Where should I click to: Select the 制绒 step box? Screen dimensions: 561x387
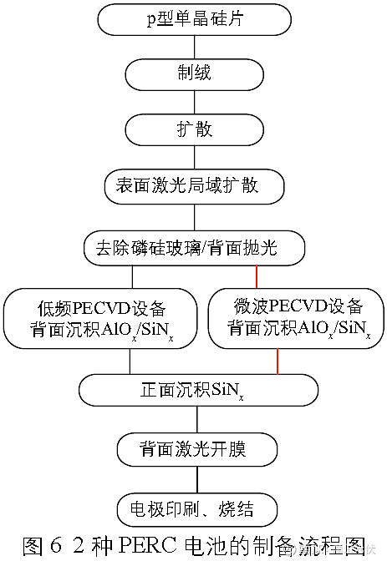tap(193, 73)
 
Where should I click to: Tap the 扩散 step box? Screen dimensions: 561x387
tap(193, 129)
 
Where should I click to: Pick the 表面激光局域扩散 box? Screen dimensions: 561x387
tap(193, 185)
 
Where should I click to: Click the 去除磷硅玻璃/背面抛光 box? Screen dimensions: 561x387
tap(193, 248)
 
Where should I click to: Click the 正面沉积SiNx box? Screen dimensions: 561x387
tap(193, 388)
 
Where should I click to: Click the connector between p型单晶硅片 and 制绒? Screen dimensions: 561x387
tap(193, 46)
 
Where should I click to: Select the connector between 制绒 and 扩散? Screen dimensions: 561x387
tap(193, 101)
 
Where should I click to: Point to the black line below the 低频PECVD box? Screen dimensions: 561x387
tap(129, 360)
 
